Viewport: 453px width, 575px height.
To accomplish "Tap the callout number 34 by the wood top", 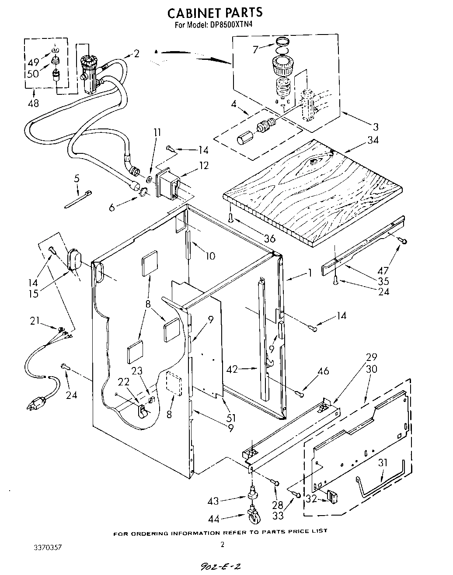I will pyautogui.click(x=373, y=140).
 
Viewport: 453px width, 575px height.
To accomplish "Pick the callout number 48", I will pyautogui.click(x=33, y=103).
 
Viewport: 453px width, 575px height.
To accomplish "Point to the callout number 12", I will pyautogui.click(x=203, y=165).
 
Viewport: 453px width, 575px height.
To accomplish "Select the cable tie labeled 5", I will pyautogui.click(x=78, y=199).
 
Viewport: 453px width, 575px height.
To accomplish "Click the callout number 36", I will pyautogui.click(x=269, y=239).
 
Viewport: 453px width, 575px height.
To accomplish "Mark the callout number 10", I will pyautogui.click(x=210, y=256).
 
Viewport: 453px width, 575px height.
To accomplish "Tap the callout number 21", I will pyautogui.click(x=35, y=322).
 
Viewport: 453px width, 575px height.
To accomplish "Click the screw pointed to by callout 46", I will pyautogui.click(x=300, y=394).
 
